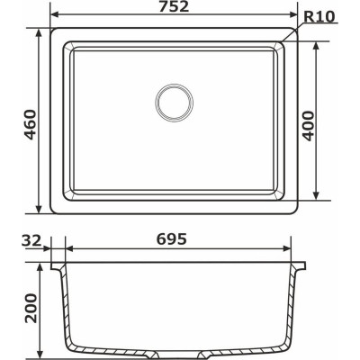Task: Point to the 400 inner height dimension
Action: [x=334, y=121]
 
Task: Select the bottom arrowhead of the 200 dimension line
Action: [x=40, y=353]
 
